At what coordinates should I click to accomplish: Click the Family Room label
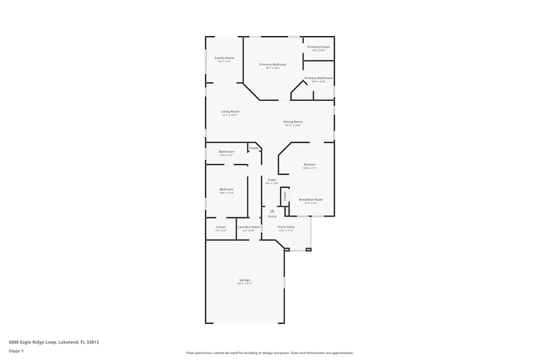(224, 58)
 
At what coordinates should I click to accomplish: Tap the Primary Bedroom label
(273, 64)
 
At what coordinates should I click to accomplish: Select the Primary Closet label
(319, 47)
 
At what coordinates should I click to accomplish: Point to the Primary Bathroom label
(319, 78)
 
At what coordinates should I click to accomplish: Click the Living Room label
(230, 112)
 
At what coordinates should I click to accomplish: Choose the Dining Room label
(293, 122)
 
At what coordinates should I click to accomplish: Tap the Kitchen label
(309, 165)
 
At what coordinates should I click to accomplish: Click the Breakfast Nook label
(310, 200)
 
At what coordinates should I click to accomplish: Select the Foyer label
(272, 180)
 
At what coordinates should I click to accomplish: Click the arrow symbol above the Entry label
(272, 211)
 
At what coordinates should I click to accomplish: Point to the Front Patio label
(286, 227)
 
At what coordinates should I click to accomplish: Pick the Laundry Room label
(249, 227)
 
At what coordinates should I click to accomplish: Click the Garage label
(245, 280)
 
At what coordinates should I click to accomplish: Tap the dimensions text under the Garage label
(245, 284)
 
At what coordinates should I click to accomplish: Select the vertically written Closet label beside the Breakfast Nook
(285, 196)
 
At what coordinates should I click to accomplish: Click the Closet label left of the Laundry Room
(221, 227)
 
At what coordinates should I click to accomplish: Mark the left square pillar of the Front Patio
(287, 249)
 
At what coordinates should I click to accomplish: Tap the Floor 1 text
(16, 351)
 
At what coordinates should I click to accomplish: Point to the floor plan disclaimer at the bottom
(270, 353)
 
